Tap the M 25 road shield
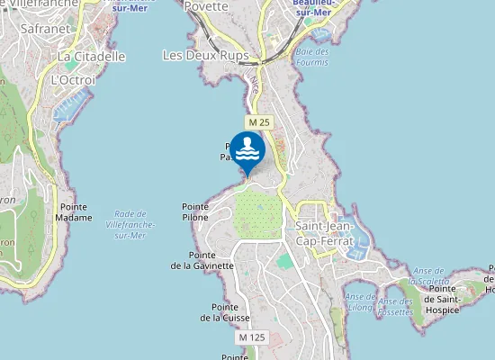pos(259,121)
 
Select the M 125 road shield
pos(253,337)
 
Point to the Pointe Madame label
pos(73,212)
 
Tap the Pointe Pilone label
pos(195,211)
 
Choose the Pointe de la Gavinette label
pos(202,260)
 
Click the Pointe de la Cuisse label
pos(225,311)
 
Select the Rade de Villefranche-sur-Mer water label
pos(130,224)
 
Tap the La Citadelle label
pos(92,57)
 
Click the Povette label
pos(206,6)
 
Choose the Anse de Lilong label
pos(361,301)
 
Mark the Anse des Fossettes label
pos(395,306)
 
